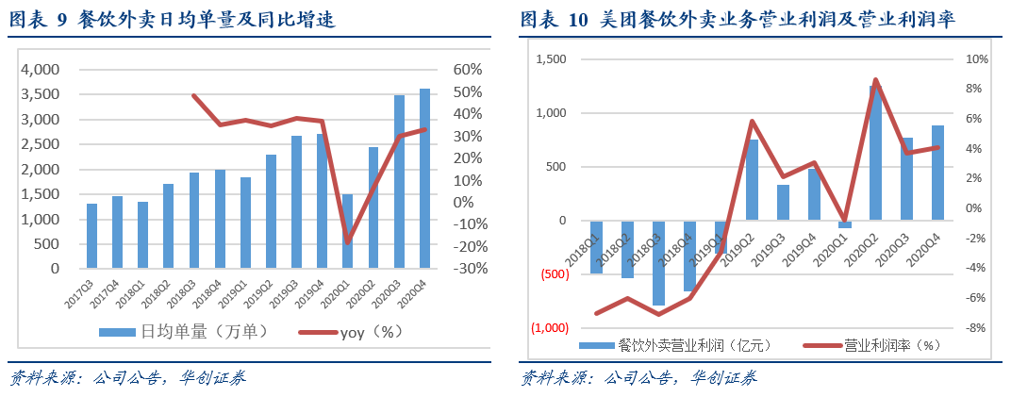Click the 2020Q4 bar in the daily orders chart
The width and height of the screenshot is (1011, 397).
click(x=424, y=179)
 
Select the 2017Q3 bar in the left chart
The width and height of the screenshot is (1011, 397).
click(x=91, y=236)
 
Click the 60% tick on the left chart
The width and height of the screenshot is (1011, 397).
click(x=468, y=70)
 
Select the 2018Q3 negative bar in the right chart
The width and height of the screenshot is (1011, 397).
click(x=658, y=264)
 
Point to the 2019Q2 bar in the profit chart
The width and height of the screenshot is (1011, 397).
click(x=752, y=180)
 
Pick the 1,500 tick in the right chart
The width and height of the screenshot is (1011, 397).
click(x=550, y=59)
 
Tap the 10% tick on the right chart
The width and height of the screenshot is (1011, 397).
click(x=976, y=59)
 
